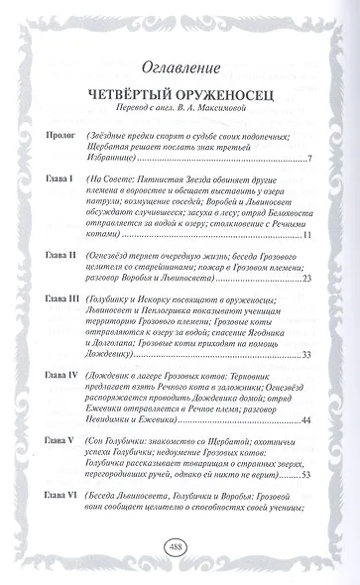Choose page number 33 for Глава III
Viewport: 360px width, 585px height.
[x=307, y=354]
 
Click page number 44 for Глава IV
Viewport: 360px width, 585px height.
[x=307, y=420]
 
